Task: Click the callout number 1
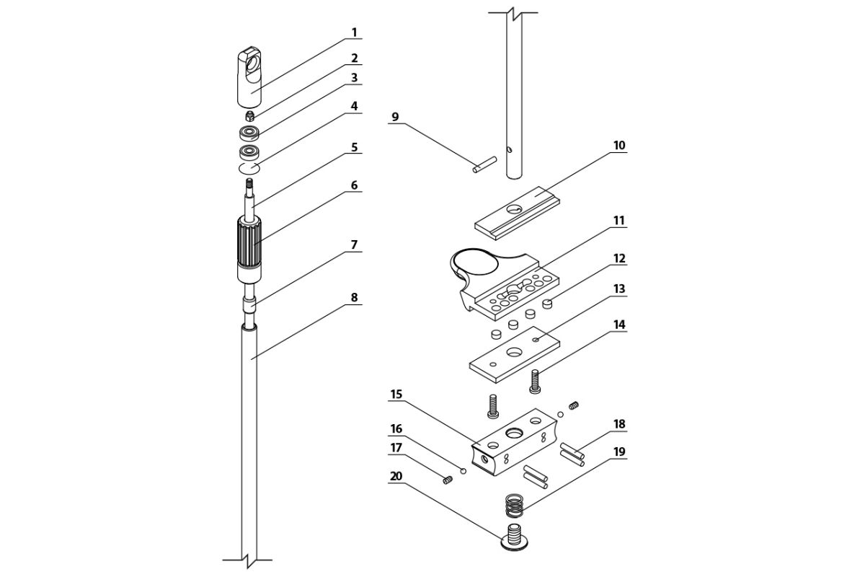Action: pyautogui.click(x=354, y=32)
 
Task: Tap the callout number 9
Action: pyautogui.click(x=394, y=116)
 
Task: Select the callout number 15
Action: pyautogui.click(x=396, y=395)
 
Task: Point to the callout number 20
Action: pyautogui.click(x=396, y=477)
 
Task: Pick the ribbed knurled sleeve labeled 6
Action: pyautogui.click(x=249, y=244)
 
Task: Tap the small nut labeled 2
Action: pyautogui.click(x=249, y=115)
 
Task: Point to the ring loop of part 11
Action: pyautogui.click(x=474, y=261)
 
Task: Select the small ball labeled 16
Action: pyautogui.click(x=464, y=472)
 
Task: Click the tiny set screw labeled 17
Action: pyautogui.click(x=447, y=481)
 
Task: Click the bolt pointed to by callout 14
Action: pyautogui.click(x=534, y=381)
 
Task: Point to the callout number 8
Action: pyautogui.click(x=354, y=296)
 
